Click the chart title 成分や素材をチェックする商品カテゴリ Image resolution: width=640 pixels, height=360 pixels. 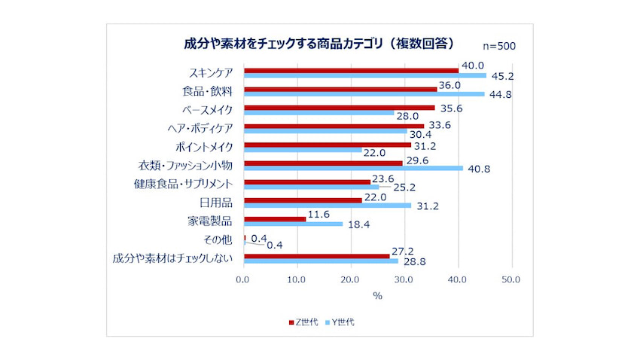point(319,43)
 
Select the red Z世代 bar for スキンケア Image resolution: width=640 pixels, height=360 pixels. point(351,70)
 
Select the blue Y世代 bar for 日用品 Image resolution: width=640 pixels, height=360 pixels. point(328,205)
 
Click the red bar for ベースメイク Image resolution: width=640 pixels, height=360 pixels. point(339,108)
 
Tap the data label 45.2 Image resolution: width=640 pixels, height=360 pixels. point(501,77)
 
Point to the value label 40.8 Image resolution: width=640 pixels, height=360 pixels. point(477,169)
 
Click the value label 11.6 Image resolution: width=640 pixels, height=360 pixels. point(319,214)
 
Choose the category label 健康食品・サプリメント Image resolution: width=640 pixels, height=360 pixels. point(181,184)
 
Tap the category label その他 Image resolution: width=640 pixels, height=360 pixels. point(218,241)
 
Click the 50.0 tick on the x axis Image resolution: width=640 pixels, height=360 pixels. point(511,279)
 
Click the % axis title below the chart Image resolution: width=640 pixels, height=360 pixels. point(377,295)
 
